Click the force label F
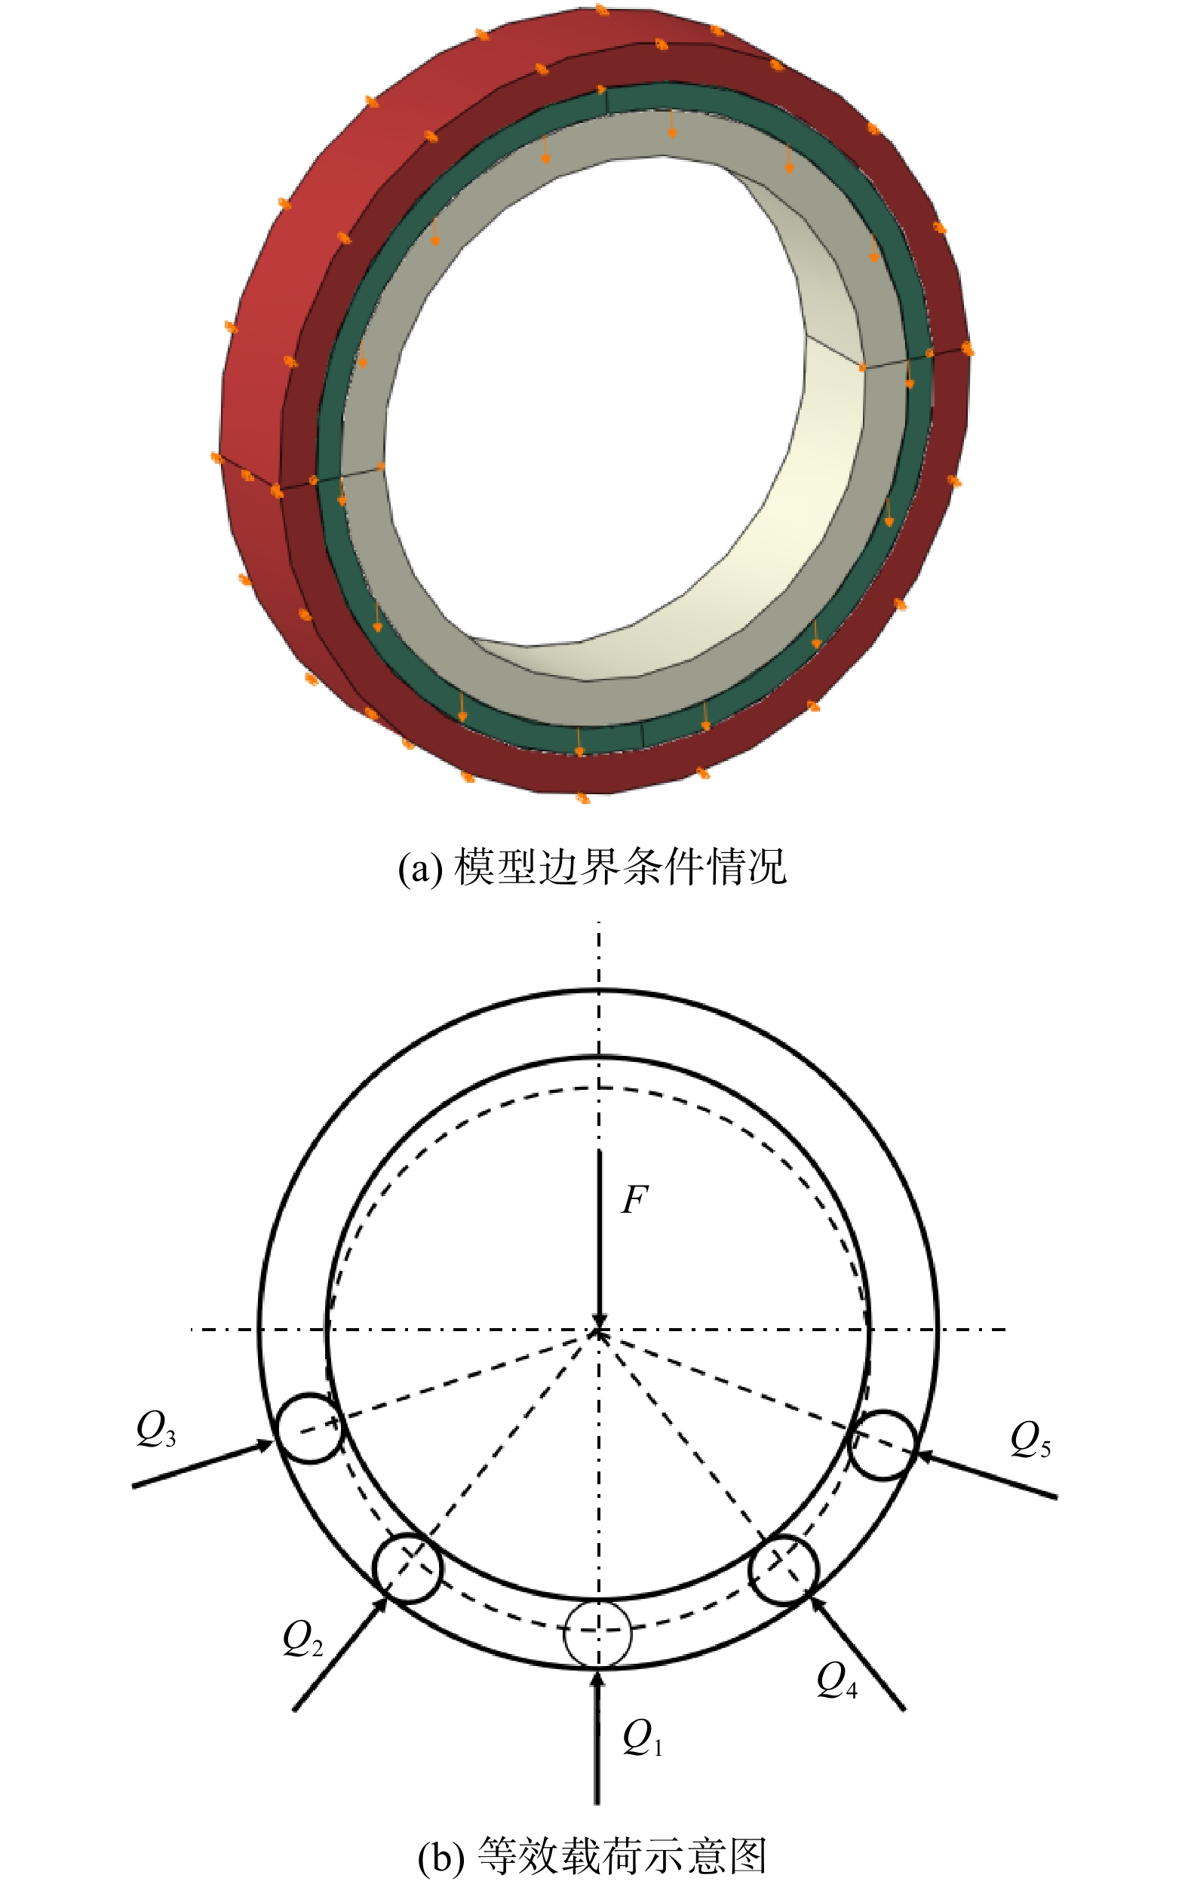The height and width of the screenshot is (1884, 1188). pos(634,1200)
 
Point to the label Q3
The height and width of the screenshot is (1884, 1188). pos(155,1429)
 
